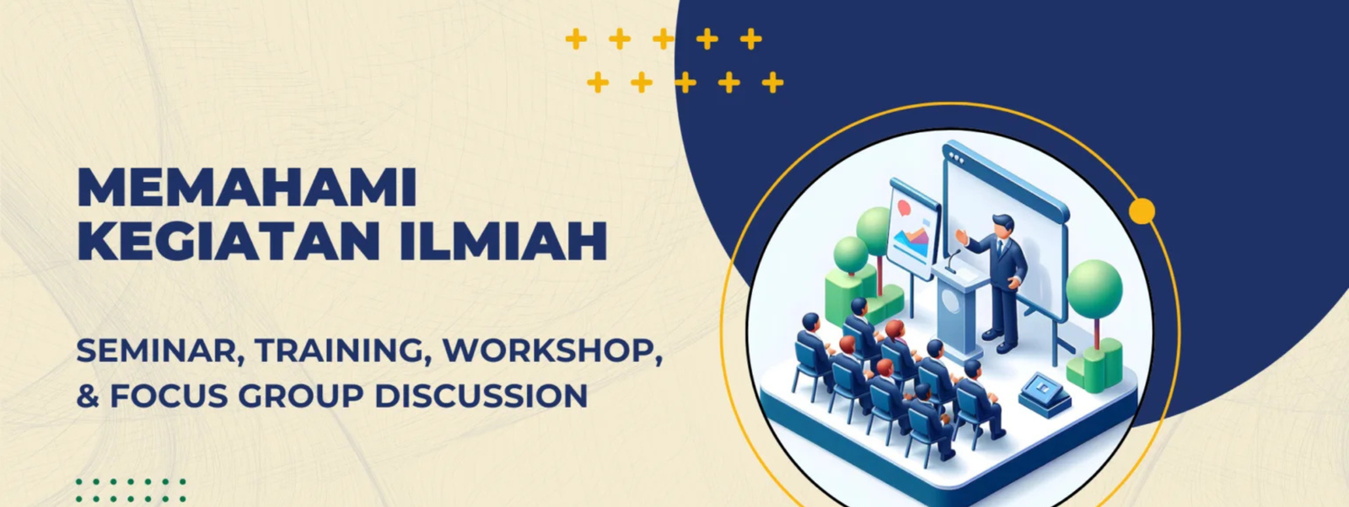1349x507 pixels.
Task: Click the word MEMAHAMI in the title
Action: click(247, 189)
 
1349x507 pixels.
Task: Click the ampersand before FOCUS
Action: click(88, 396)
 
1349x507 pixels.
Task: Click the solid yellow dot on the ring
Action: click(1142, 211)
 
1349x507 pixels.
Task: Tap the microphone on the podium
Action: click(952, 261)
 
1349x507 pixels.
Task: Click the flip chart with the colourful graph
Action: click(914, 228)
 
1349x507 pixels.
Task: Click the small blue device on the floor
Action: click(1045, 394)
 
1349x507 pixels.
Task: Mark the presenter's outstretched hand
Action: click(961, 237)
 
